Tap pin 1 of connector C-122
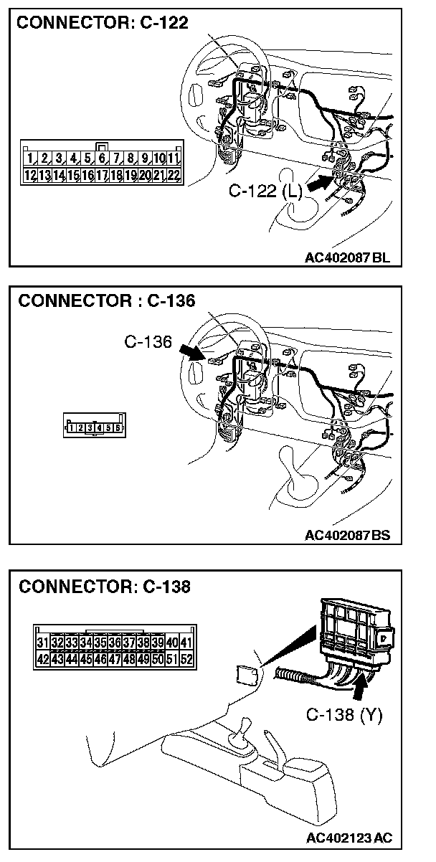(x=30, y=157)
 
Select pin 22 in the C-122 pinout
(x=173, y=174)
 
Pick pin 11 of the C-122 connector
(x=173, y=157)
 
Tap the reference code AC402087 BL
(x=347, y=258)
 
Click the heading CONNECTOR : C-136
(x=106, y=300)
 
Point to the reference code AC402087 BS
(x=347, y=535)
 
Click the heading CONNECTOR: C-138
(x=105, y=587)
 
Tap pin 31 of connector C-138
(x=43, y=643)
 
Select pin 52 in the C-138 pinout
(x=187, y=658)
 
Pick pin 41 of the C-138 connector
(x=187, y=643)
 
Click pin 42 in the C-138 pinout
(x=43, y=658)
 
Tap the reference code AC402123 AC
(x=349, y=838)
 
